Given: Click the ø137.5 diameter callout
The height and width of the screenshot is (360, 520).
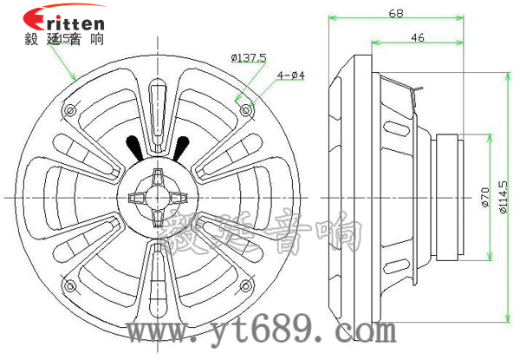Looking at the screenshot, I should [x=249, y=57].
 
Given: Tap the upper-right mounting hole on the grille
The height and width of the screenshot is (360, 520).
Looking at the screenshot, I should [x=249, y=110].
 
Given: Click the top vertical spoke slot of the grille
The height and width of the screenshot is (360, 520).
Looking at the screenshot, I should [x=159, y=108].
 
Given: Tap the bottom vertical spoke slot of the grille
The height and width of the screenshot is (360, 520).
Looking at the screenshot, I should [x=159, y=278].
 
